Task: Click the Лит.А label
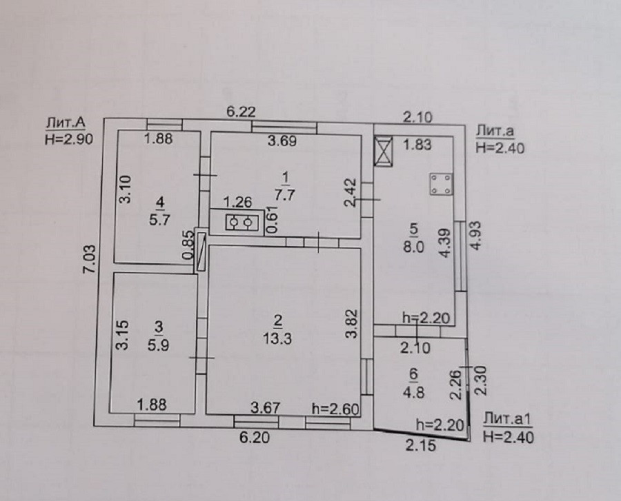[x=66, y=123]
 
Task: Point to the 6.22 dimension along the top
[x=241, y=111]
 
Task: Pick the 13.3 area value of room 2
[x=278, y=338]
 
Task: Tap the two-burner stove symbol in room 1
[x=241, y=223]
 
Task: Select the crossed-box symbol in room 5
[x=383, y=150]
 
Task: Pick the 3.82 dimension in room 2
[x=351, y=324]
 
